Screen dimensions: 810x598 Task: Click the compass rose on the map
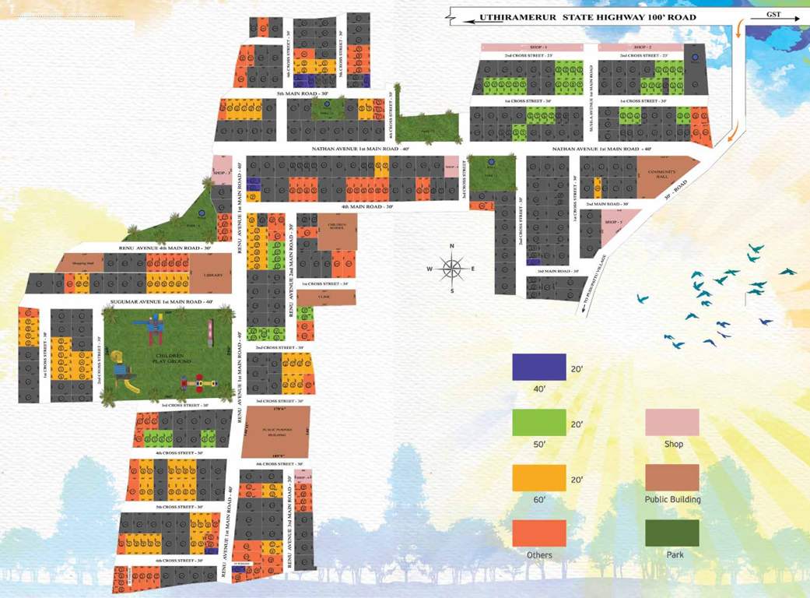click(451, 269)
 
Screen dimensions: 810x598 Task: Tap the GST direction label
click(773, 14)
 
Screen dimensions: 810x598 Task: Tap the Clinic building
click(325, 297)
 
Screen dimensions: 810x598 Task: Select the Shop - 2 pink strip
click(640, 47)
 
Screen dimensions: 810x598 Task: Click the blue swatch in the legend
click(538, 367)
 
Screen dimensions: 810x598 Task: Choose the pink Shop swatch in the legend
click(671, 422)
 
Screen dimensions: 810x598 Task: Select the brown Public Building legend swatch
click(671, 477)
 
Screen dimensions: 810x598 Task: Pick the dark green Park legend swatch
click(671, 533)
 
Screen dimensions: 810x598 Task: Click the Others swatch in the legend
click(538, 533)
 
